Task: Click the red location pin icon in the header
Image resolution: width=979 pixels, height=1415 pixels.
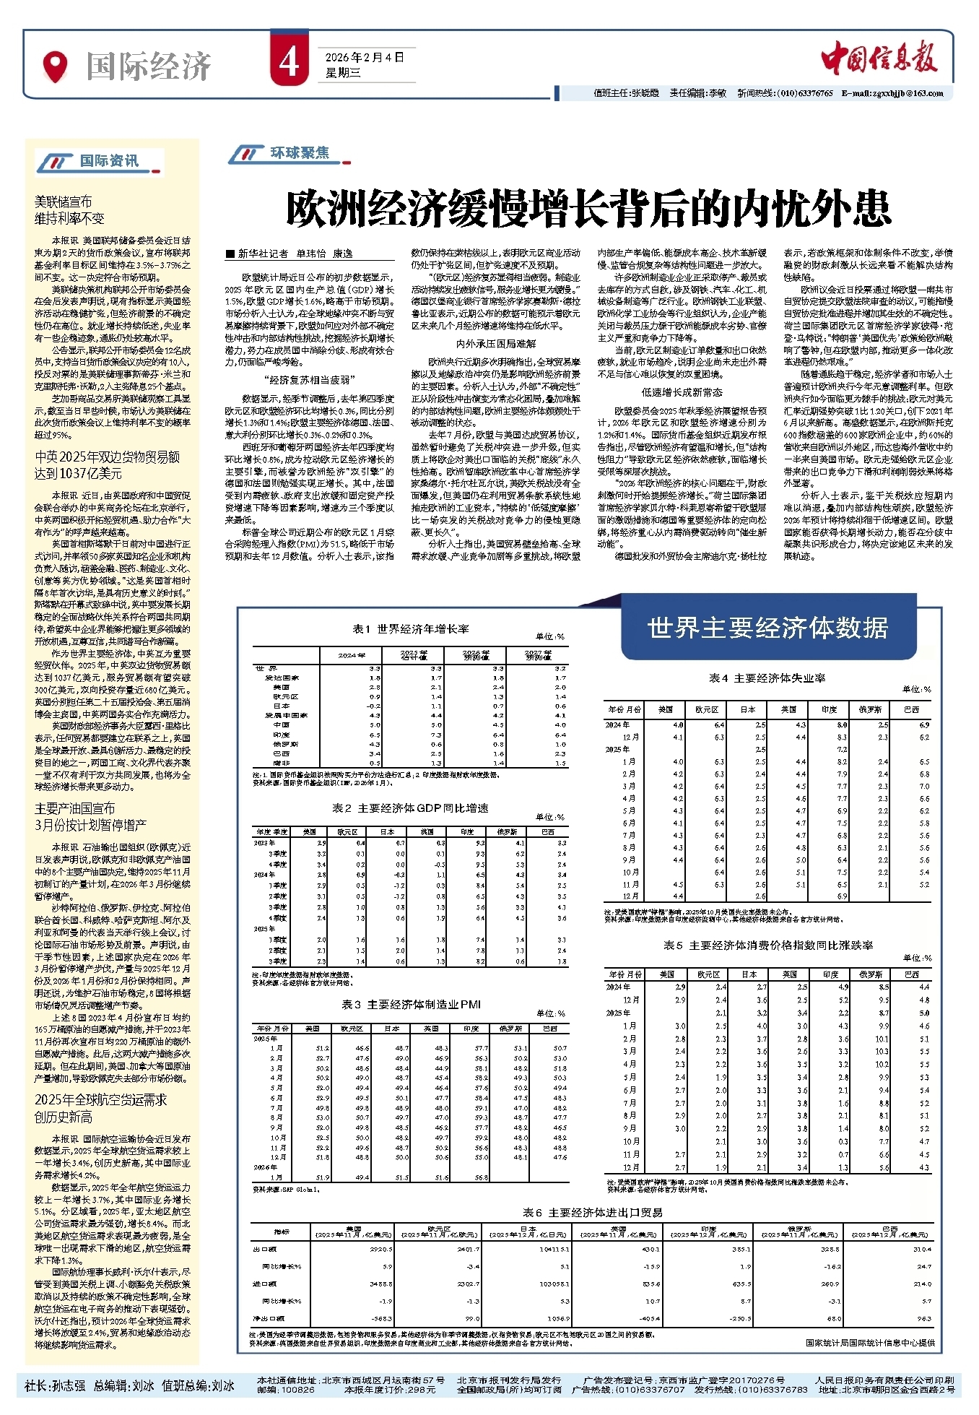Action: pyautogui.click(x=56, y=66)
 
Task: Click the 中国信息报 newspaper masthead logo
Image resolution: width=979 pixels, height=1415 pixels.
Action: pyautogui.click(x=879, y=58)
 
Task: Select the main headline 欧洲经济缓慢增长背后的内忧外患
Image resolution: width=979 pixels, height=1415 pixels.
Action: pyautogui.click(x=588, y=209)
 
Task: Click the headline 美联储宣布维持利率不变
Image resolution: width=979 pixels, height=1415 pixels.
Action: pyautogui.click(x=69, y=210)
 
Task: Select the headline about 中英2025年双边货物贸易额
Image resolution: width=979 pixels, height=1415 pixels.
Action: pyautogui.click(x=107, y=465)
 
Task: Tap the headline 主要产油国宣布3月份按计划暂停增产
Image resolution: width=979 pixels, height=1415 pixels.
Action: pyautogui.click(x=90, y=816)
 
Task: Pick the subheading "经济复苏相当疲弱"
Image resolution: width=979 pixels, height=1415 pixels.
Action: pyautogui.click(x=310, y=380)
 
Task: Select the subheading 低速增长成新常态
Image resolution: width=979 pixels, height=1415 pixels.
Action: pyautogui.click(x=682, y=392)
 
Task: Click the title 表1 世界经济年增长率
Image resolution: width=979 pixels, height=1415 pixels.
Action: pyautogui.click(x=410, y=629)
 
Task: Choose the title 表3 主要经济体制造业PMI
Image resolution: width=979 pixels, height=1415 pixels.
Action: pyautogui.click(x=411, y=1004)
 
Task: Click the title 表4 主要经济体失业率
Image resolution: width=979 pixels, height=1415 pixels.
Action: pyautogui.click(x=767, y=678)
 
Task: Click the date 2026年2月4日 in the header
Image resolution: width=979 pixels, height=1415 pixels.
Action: pyautogui.click(x=365, y=57)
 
